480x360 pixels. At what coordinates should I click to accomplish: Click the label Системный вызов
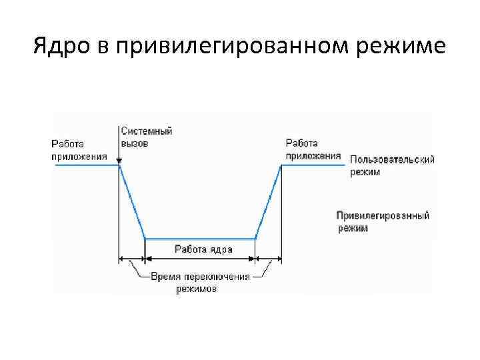point(146,137)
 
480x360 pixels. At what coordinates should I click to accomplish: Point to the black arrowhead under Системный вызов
point(119,161)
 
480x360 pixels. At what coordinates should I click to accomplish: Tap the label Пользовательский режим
point(393,165)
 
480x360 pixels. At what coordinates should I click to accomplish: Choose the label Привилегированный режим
point(382,222)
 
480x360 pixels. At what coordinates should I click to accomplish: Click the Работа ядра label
point(203,249)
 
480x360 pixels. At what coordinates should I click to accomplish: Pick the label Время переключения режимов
point(201,282)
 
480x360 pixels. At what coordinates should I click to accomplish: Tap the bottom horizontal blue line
point(200,239)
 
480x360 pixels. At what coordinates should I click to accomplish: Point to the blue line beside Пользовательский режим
point(313,165)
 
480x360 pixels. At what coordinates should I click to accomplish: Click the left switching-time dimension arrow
point(132,260)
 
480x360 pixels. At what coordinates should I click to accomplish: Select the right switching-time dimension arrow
point(268,260)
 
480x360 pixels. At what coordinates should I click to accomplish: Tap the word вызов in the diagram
point(135,143)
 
